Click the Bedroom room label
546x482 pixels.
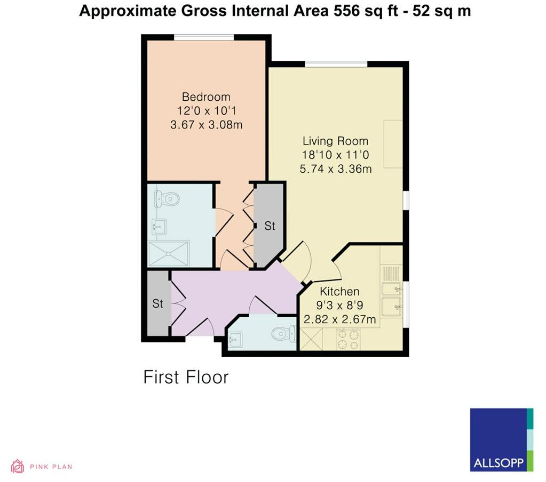pos(206,97)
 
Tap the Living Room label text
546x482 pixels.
pos(335,141)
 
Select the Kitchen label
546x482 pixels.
pos(339,292)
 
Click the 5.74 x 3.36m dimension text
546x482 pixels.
pos(335,170)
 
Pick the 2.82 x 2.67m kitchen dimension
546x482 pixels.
pos(339,320)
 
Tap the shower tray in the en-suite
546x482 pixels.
pos(168,252)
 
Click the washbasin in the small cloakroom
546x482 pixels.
pos(235,338)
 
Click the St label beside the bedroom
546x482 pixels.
pos(270,226)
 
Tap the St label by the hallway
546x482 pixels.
pos(157,304)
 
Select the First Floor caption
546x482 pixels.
pos(186,377)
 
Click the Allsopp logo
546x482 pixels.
pos(501,440)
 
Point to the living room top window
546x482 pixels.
pos(336,64)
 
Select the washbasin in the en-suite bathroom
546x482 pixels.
pos(159,227)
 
